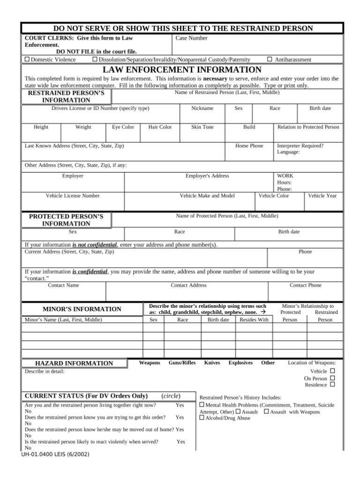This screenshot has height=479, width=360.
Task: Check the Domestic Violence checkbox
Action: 27,60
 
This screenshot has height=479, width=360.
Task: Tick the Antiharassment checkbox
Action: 270,60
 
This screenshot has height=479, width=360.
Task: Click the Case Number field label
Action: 191,38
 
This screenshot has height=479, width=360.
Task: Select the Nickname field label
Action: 202,108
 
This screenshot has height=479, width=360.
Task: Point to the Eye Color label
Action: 123,127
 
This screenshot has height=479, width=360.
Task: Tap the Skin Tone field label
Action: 202,127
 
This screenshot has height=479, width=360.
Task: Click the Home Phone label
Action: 249,146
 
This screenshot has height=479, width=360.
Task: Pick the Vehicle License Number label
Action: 72,196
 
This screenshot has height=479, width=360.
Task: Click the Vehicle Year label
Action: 322,196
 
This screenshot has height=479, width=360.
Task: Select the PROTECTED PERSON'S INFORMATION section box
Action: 66,220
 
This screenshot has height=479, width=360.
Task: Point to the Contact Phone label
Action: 306,285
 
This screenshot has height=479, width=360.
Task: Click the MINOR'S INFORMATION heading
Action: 82,309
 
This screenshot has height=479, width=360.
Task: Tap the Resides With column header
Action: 254,319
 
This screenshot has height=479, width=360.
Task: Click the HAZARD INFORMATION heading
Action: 74,363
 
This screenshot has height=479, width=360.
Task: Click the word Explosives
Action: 240,363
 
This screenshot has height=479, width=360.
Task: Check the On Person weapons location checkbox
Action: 332,378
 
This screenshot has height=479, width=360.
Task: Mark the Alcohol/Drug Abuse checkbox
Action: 202,418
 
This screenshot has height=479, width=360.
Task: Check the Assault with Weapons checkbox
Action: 266,411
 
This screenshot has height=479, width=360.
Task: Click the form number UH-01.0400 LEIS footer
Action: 49,454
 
